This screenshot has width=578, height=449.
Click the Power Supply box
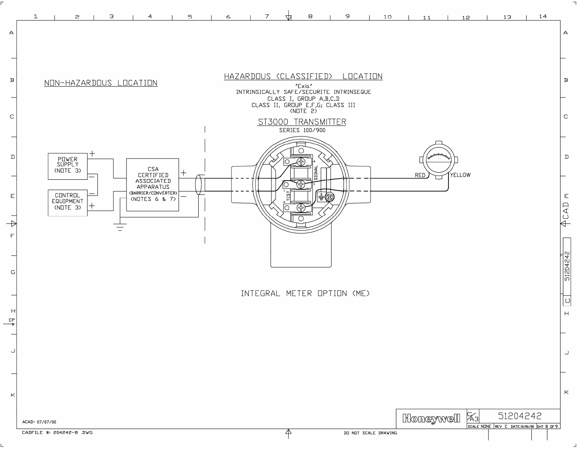67,166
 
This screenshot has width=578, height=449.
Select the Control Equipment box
67,203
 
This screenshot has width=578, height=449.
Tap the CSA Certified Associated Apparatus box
153,184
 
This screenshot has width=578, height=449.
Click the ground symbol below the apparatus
120,227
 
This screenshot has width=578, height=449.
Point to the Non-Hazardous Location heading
101,83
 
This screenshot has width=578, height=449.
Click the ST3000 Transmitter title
302,122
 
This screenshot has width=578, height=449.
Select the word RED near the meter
420,175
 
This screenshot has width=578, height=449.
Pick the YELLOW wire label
460,175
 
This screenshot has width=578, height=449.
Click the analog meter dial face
438,158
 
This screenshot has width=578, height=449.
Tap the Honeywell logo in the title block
431,418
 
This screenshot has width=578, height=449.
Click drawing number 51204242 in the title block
520,416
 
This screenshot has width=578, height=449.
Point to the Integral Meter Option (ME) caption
305,293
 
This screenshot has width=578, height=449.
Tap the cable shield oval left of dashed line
198,184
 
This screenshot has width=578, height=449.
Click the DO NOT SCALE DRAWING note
370,433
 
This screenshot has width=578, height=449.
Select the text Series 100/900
302,130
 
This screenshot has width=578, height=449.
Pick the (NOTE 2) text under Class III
303,111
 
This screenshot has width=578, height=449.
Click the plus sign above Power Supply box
92,153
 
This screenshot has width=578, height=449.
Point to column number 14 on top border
543,16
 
